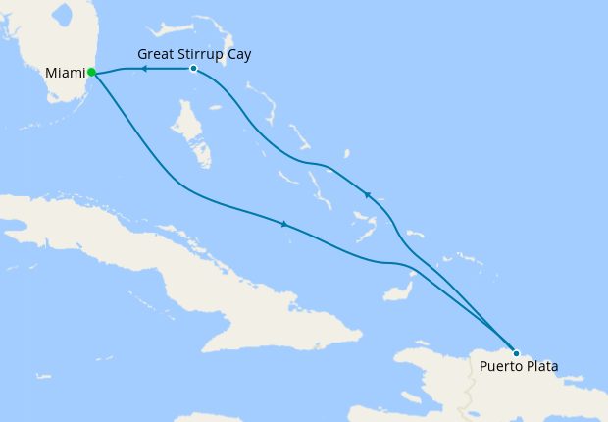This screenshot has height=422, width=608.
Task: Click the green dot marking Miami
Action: [91, 72]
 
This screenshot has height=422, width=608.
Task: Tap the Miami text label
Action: [66, 73]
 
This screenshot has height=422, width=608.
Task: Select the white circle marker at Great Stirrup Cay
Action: [193, 69]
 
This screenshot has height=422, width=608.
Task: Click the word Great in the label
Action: [157, 54]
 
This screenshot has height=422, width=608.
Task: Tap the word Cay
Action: [238, 54]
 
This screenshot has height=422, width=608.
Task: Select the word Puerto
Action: [501, 368]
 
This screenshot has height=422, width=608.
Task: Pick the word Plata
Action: [541, 368]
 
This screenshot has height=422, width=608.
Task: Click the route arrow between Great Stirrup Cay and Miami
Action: [143, 69]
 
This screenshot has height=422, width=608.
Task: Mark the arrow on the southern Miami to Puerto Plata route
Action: [284, 225]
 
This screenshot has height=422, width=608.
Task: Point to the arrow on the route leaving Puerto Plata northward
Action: [368, 195]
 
